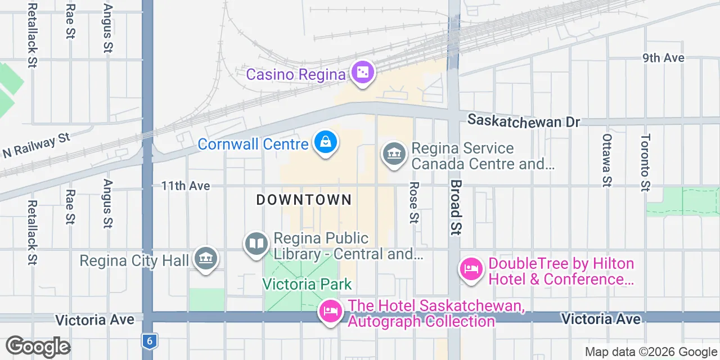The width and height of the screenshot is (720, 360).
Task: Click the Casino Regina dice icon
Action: [363, 73]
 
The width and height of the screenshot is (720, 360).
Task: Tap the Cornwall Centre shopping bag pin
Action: [326, 142]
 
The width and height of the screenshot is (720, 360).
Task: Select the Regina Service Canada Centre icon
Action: [394, 154]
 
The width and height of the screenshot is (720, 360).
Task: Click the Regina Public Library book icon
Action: [256, 245]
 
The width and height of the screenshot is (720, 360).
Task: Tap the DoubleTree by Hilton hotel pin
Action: [471, 269]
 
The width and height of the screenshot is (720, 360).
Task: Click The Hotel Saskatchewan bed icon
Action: [330, 311]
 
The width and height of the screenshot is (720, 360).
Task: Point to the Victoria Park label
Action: [307, 284]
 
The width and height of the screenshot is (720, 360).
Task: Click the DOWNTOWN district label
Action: [304, 200]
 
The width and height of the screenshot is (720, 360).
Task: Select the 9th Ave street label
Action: [664, 58]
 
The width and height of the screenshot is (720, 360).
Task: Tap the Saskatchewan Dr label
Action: [524, 121]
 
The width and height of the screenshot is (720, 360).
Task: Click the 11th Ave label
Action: [186, 186]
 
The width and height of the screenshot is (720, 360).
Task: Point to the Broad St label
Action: [456, 207]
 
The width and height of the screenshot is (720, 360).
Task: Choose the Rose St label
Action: [415, 202]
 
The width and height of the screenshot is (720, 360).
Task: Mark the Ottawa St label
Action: [606, 160]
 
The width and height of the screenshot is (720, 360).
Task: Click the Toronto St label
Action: [645, 163]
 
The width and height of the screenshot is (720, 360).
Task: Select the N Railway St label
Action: [37, 145]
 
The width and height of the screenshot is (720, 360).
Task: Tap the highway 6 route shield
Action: [148, 340]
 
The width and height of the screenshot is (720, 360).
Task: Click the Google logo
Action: [38, 346]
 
